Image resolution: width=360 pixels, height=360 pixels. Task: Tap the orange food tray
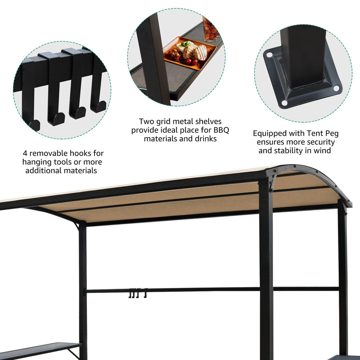click(190, 53)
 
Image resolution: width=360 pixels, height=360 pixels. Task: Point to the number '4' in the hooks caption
click(25, 153)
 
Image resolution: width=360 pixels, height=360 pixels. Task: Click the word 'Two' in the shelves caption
click(147, 122)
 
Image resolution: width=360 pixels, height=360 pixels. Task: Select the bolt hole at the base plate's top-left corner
click(269, 55)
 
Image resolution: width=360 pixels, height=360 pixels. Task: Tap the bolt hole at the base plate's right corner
click(336, 88)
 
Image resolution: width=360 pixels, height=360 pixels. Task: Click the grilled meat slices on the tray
click(195, 52)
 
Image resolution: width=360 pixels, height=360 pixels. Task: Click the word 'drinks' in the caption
click(205, 139)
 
